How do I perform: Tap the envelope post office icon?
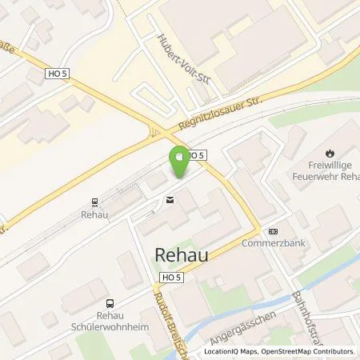(170, 200)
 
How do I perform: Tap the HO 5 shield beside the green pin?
(197, 154)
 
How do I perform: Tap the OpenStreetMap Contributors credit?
(309, 351)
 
